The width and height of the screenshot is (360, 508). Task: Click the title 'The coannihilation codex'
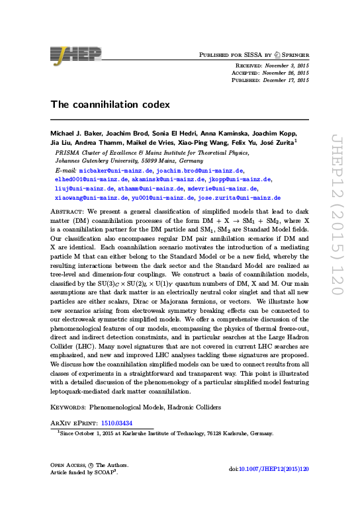pos(111,104)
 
